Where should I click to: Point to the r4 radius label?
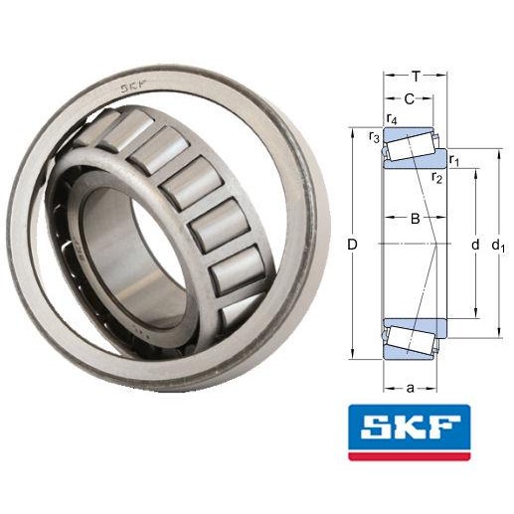click(x=393, y=120)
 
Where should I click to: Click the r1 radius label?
click(x=454, y=159)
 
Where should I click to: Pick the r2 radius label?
click(x=436, y=178)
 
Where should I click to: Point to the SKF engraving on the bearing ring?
click(x=136, y=88)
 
